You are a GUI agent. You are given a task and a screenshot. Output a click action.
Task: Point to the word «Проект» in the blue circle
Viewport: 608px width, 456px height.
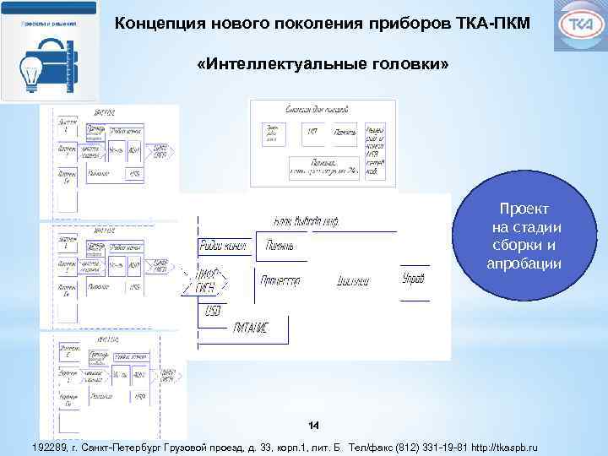524,209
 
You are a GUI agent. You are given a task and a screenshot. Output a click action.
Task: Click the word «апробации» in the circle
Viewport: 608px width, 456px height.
524,264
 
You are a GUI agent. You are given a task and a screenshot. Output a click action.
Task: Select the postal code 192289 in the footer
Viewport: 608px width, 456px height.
46,446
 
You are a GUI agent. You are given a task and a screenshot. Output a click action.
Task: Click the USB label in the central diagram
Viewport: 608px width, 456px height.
213,312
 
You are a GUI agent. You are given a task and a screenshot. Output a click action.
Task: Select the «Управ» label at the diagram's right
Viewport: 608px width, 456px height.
413,278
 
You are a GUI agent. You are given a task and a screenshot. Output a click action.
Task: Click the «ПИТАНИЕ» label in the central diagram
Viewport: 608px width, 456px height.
250,328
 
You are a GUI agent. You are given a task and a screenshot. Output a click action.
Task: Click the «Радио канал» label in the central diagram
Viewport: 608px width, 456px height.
222,246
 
